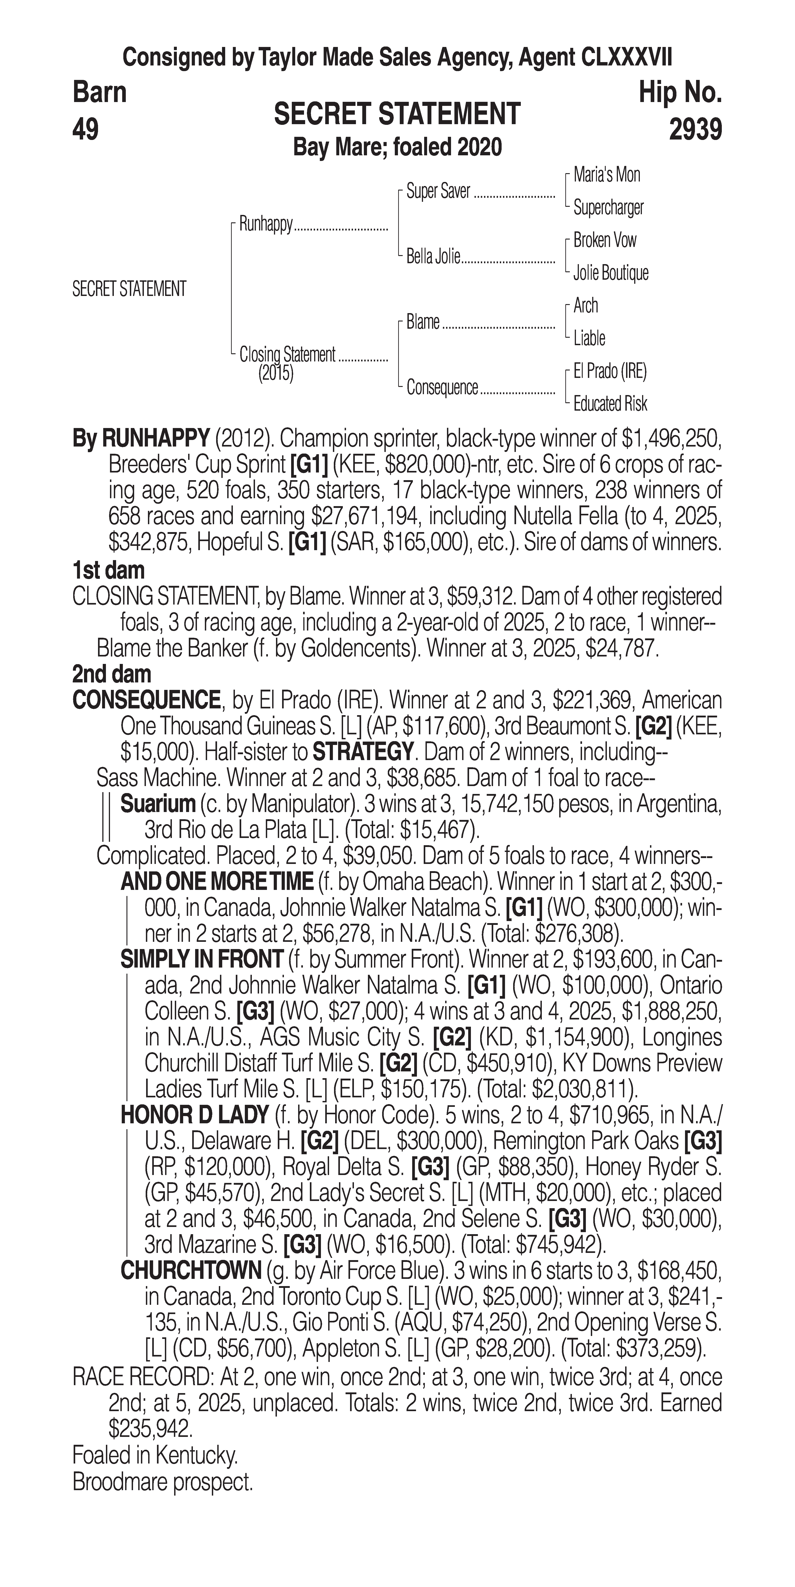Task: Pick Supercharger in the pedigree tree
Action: [608, 208]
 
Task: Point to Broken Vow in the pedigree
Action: [605, 240]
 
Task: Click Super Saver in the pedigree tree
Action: [438, 192]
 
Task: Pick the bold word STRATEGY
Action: [362, 752]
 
